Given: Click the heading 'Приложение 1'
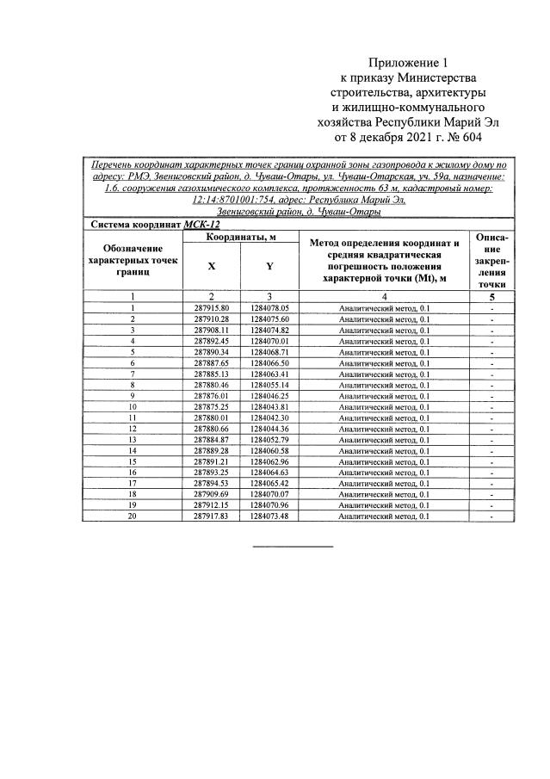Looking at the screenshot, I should click(408, 63).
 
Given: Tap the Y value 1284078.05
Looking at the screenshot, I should click(269, 307).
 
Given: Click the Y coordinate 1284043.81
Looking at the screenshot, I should click(269, 406).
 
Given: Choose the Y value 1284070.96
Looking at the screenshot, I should click(269, 505).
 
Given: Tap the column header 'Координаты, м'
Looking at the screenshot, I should click(240, 237).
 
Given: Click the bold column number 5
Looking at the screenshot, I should click(491, 295).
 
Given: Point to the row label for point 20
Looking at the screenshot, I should click(133, 516).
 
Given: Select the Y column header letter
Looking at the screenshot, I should click(269, 268).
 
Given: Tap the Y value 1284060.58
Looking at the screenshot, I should click(269, 450).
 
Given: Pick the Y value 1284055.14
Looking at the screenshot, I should click(269, 384).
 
